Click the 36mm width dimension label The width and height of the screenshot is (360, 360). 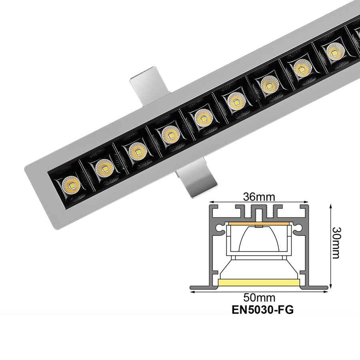click(260, 197)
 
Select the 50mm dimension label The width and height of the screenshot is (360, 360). click(260, 298)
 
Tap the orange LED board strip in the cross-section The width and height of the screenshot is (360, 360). click(260, 223)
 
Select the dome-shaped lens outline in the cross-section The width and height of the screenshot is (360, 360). click(260, 240)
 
